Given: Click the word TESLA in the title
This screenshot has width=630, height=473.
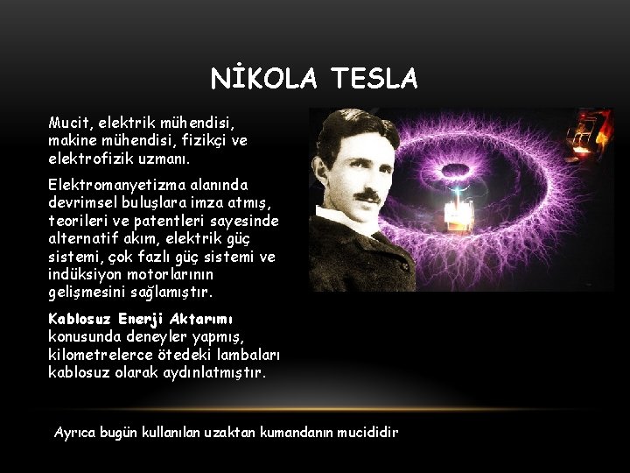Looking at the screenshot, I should (374, 80).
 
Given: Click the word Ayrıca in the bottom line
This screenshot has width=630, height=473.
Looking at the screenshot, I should (74, 433).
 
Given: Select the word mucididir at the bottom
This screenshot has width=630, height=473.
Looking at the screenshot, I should (371, 433).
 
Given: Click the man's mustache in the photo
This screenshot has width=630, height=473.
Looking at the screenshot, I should (367, 194).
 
